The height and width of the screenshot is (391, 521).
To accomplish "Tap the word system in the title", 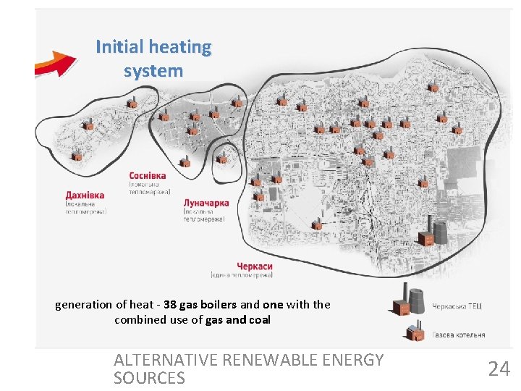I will pyautogui.click(x=153, y=71).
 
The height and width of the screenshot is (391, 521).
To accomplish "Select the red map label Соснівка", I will pyautogui.click(x=148, y=176).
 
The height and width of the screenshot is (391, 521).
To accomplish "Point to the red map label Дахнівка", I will pyautogui.click(x=85, y=195).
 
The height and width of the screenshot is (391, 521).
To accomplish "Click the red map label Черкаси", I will pyautogui.click(x=254, y=266).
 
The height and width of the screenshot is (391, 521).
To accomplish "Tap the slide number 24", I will pyautogui.click(x=499, y=369).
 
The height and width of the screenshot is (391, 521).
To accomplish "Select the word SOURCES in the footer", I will pyautogui.click(x=149, y=378).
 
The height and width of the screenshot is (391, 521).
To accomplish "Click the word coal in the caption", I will pyautogui.click(x=258, y=319).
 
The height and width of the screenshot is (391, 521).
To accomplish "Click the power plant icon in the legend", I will pyautogui.click(x=407, y=299).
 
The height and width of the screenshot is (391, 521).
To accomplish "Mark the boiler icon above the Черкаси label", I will pyautogui.click(x=316, y=224).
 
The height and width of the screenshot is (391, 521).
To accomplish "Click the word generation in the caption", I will pyautogui.click(x=83, y=305).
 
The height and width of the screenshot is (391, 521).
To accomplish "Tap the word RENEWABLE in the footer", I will pyautogui.click(x=277, y=360).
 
